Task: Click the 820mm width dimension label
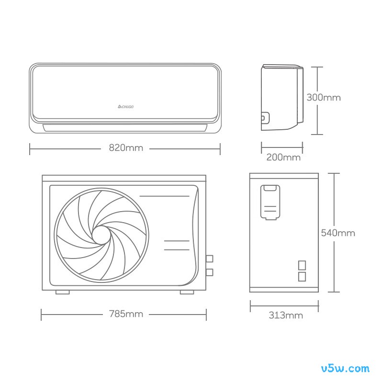126,148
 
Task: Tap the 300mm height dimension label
324,98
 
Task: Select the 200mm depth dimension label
283,158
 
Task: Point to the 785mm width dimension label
126,314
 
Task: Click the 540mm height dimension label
338,233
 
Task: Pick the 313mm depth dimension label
286,315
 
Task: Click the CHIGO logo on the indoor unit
125,107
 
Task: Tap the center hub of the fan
101,235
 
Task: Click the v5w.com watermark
345,368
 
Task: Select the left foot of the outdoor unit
63,292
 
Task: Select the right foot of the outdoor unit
187,292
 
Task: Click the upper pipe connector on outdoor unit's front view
209,259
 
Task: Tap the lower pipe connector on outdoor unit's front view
209,272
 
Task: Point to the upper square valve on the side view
302,265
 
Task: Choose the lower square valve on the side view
302,277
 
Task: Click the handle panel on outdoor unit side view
270,202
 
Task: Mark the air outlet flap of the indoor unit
125,128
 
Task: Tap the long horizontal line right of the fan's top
164,196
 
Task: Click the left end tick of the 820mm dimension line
30,149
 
